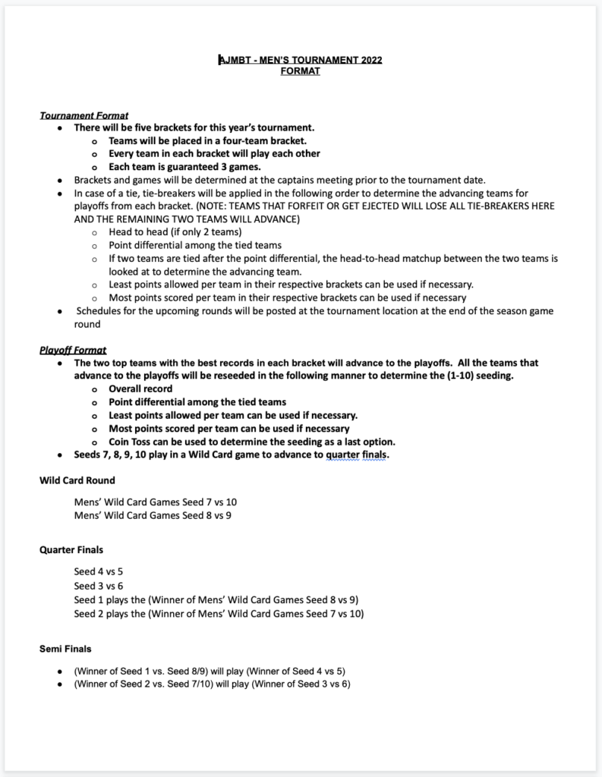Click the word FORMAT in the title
pyautogui.click(x=301, y=71)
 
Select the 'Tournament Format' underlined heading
pyautogui.click(x=84, y=115)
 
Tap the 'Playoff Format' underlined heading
pyautogui.click(x=73, y=350)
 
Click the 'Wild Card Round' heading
pyautogui.click(x=77, y=480)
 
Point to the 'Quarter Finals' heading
pyautogui.click(x=71, y=549)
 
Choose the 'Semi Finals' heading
pyautogui.click(x=65, y=649)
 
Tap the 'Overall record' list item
pyautogui.click(x=140, y=388)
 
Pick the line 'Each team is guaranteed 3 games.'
pyautogui.click(x=184, y=167)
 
